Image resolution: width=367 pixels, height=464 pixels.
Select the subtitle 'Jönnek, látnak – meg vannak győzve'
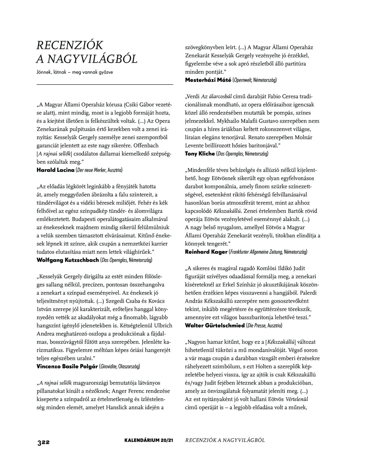coord(75,72)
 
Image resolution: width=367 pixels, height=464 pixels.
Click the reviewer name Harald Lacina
coord(55,170)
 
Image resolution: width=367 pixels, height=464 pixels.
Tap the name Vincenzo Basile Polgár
coord(67,367)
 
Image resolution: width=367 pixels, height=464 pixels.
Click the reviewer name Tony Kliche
coord(200,154)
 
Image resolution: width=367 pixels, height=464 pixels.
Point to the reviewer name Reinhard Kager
coord(206,252)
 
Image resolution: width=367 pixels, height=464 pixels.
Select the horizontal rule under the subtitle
coord(105,84)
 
